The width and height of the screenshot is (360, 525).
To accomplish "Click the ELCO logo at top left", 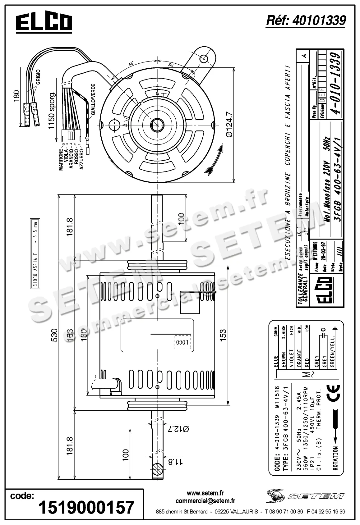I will point(44,23).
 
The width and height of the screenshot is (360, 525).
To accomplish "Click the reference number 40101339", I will point(306,21).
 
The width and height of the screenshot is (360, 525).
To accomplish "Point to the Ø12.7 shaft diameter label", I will point(178,429).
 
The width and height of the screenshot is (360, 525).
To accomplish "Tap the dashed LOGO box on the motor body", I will point(182,343).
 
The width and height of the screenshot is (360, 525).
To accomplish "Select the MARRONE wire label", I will point(61,160).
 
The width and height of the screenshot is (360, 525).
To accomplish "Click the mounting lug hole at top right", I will point(204,58).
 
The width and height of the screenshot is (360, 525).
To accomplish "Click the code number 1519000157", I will point(86,507).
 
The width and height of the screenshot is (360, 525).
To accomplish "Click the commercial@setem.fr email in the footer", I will point(205,501).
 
